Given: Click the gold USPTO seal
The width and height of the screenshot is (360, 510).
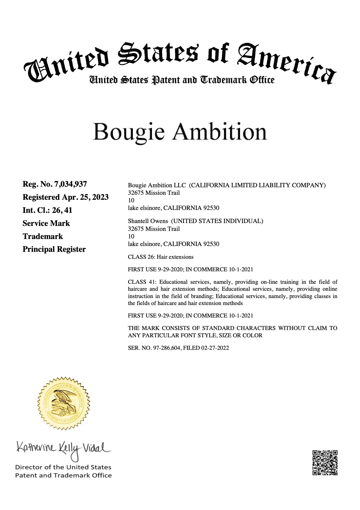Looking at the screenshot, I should (x=63, y=403).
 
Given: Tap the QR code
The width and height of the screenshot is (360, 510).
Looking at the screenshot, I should (x=325, y=463).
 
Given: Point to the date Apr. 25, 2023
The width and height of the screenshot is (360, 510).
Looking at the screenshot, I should (x=85, y=197).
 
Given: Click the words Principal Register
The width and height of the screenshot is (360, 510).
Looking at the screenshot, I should (x=54, y=249).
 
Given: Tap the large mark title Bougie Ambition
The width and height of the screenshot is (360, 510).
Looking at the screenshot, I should (x=180, y=132).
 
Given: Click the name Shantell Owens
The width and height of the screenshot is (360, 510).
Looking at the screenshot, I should (x=148, y=221).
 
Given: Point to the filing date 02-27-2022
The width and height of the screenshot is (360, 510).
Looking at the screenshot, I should (x=215, y=348).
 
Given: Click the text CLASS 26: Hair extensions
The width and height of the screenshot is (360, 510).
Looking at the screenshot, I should (x=161, y=257).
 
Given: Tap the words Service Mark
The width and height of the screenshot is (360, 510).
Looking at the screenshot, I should (x=46, y=223).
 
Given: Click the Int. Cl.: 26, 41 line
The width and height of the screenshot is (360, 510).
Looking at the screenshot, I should (x=47, y=210).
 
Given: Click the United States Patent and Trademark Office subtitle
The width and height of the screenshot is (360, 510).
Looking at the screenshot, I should (x=182, y=80).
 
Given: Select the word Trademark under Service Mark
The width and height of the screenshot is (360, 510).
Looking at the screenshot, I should (x=43, y=236).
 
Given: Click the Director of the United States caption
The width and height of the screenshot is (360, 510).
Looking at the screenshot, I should (x=63, y=467).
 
